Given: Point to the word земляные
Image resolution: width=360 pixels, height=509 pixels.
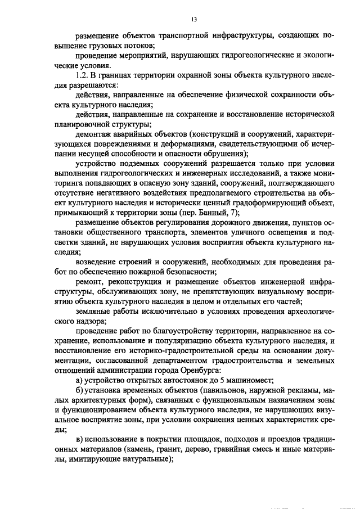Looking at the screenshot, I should tap(93, 320).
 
